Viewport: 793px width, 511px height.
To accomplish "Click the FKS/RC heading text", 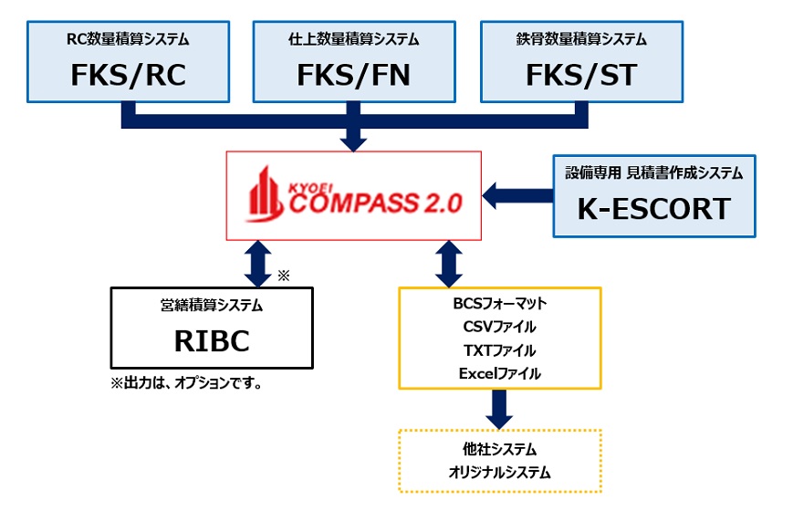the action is click(129, 76).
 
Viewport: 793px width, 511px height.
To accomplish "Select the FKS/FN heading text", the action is click(353, 76).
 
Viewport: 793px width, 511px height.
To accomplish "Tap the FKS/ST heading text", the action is click(581, 76).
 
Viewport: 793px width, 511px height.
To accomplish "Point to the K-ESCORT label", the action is click(654, 209).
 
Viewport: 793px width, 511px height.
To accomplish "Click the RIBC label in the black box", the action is click(212, 341).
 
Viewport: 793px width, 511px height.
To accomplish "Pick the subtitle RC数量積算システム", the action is click(128, 39).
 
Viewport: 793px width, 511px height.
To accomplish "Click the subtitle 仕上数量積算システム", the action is click(353, 39).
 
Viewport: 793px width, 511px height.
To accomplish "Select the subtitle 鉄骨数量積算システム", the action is click(581, 39).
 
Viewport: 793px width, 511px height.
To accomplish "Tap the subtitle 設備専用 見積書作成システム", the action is click(654, 173).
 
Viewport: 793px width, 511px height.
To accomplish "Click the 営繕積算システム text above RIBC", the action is click(212, 305).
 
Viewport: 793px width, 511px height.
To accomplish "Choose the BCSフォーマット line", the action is click(500, 303).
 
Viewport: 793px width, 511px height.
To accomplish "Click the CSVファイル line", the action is click(500, 327).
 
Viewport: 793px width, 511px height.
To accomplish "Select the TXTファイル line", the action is click(500, 350).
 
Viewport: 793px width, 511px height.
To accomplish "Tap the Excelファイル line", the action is click(500, 373).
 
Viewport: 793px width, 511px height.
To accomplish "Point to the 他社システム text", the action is click(500, 449).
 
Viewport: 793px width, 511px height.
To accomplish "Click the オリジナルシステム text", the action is click(500, 473).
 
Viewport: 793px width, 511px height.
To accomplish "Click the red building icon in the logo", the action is click(265, 194).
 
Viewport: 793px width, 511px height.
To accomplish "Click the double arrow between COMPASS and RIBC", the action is click(258, 264).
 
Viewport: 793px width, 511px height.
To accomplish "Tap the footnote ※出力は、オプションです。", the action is click(187, 383).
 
